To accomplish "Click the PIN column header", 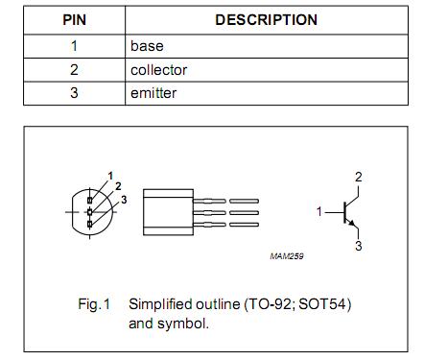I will pyautogui.click(x=75, y=19).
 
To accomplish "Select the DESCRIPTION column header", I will pyautogui.click(x=267, y=19).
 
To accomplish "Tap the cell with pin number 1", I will pyautogui.click(x=74, y=45).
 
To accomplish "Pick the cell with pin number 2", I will pyautogui.click(x=74, y=69).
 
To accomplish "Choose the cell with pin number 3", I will pyautogui.click(x=74, y=93).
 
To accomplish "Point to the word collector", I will pyautogui.click(x=158, y=69).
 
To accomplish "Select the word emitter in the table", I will pyautogui.click(x=153, y=93).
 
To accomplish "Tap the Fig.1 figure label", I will pyautogui.click(x=94, y=304).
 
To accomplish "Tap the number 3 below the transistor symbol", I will pyautogui.click(x=358, y=246).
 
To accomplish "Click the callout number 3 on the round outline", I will pyautogui.click(x=123, y=198).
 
